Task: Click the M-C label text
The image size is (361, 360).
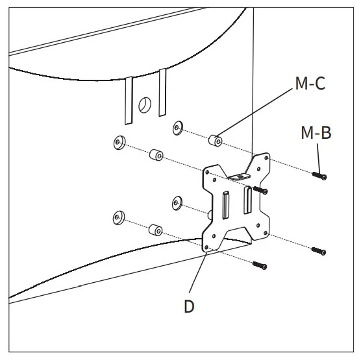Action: click(x=310, y=83)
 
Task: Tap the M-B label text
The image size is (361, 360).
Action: click(x=316, y=132)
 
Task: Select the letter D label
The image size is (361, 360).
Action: click(x=189, y=306)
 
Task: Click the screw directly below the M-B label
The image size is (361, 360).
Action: click(x=319, y=176)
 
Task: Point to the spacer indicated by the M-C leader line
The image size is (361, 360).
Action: click(x=216, y=140)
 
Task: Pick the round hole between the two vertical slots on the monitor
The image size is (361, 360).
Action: click(x=145, y=105)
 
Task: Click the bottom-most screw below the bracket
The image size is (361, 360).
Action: click(x=260, y=265)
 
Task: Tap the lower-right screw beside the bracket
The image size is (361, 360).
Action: click(x=319, y=251)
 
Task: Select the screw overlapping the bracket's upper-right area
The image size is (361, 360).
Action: click(x=260, y=190)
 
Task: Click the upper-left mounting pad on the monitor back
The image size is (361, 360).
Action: click(x=119, y=143)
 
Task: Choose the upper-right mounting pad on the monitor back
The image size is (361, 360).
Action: click(x=177, y=128)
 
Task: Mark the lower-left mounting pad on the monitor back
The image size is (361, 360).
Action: click(x=119, y=217)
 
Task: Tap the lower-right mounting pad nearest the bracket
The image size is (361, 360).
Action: click(x=177, y=203)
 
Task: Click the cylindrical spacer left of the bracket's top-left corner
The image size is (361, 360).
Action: click(x=156, y=155)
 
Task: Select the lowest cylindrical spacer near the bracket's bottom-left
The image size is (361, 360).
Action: click(x=156, y=230)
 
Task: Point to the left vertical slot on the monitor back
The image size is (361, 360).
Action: click(x=129, y=101)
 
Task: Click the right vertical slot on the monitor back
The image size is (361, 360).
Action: click(x=162, y=92)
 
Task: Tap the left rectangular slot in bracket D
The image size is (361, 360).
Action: click(x=225, y=205)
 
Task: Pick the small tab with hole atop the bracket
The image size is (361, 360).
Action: click(x=239, y=176)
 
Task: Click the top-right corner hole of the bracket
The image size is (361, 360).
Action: click(x=266, y=158)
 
